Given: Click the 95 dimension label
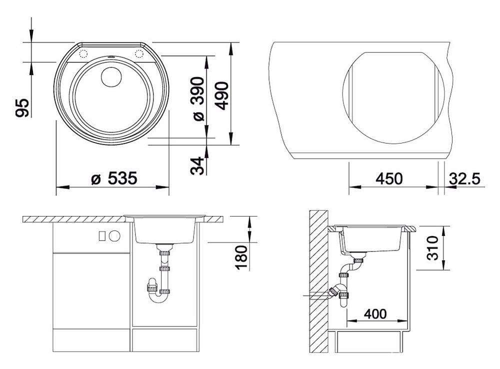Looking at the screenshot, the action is point(22,107).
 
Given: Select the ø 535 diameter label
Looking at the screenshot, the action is point(114,178).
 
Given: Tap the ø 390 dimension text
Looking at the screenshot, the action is point(198,98).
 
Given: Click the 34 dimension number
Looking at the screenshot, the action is point(197,165).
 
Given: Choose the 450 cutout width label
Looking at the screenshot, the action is point(389,178).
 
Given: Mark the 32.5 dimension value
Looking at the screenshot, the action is point(464,178).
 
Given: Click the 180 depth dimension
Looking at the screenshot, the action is point(241,257).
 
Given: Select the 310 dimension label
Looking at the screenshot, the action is point(432,248).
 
